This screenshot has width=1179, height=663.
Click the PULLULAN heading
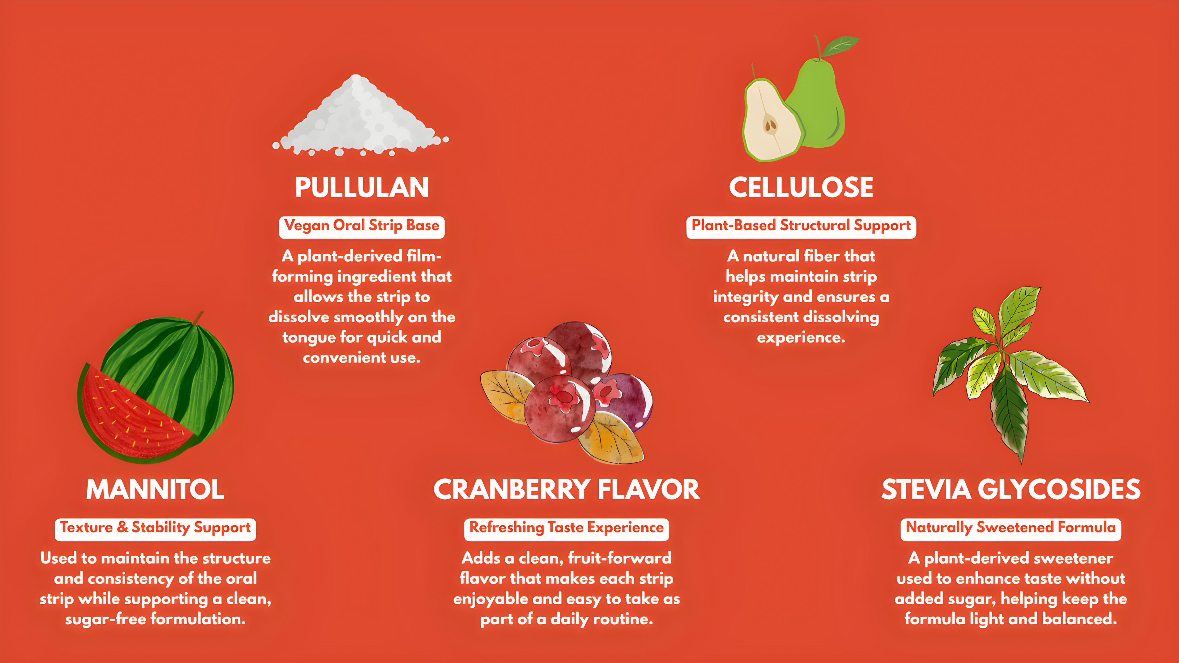click(362, 187)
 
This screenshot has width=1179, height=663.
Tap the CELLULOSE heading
click(801, 187)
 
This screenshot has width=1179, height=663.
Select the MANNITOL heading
click(155, 489)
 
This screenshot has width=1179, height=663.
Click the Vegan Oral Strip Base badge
click(362, 227)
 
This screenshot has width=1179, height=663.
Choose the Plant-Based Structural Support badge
click(801, 227)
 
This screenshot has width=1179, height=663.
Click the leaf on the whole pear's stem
click(840, 46)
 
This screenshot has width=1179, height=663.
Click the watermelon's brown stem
click(198, 318)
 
